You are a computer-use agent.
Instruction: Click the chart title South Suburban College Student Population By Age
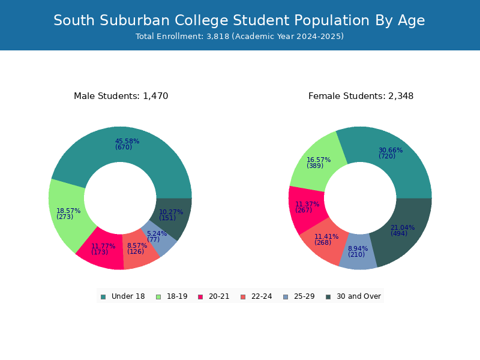(239, 21)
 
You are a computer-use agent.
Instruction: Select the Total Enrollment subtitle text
(239, 37)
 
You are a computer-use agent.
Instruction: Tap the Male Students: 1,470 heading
(121, 96)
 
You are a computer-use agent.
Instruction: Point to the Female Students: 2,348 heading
(361, 96)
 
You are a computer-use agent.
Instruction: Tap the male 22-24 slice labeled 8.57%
(139, 250)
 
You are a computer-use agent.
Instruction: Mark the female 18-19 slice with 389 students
(317, 164)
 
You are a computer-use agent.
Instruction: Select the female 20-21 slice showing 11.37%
(306, 208)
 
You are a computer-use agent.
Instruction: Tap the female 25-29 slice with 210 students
(358, 253)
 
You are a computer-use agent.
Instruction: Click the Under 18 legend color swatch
(103, 297)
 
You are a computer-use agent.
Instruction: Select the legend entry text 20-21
(219, 296)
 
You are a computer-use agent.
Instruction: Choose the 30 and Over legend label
(359, 296)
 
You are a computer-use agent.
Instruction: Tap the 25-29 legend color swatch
(286, 297)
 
